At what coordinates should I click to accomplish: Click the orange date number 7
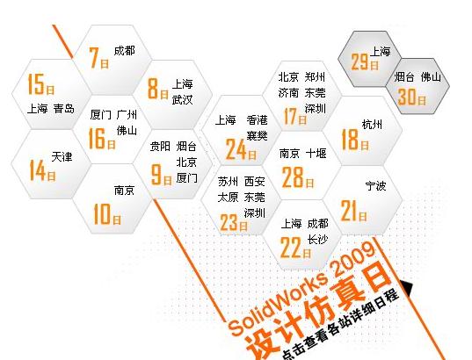(94, 58)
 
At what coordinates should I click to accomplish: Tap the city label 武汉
(182, 99)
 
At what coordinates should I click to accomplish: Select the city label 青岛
(64, 108)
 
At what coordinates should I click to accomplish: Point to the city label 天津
(62, 156)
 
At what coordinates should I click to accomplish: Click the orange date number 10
(102, 214)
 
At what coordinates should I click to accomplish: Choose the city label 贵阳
(160, 147)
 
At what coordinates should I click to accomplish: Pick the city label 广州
(127, 115)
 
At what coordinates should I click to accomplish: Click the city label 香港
(257, 120)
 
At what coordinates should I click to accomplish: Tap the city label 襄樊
(257, 135)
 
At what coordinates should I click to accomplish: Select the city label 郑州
(315, 77)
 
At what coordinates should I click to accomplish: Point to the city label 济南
(288, 92)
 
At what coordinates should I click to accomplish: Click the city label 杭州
(372, 124)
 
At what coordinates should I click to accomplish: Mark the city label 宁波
(375, 186)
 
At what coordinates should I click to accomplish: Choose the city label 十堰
(316, 154)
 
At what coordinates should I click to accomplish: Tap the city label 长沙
(317, 240)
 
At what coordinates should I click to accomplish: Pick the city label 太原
(229, 198)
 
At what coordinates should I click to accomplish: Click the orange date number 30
(407, 97)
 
